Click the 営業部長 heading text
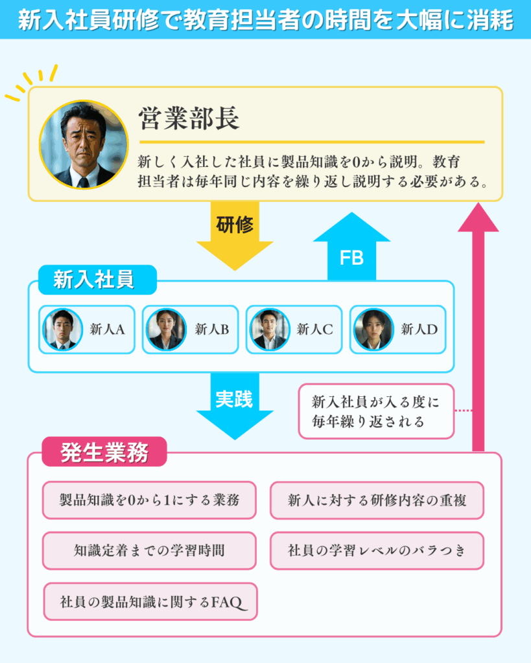tap(189, 118)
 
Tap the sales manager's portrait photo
tap(83, 144)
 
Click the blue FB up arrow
tap(351, 249)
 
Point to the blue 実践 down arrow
tap(234, 405)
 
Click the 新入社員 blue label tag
tap(97, 280)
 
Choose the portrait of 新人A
tap(63, 329)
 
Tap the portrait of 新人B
tap(166, 329)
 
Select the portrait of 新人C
tap(270, 329)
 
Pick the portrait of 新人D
tap(373, 329)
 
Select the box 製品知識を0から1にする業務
tap(149, 500)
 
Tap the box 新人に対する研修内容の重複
tap(377, 500)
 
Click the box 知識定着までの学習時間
tap(149, 550)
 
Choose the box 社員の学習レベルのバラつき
tap(377, 550)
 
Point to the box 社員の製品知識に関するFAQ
tap(150, 601)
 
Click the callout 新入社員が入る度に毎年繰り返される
tap(376, 411)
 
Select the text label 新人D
tap(419, 329)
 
